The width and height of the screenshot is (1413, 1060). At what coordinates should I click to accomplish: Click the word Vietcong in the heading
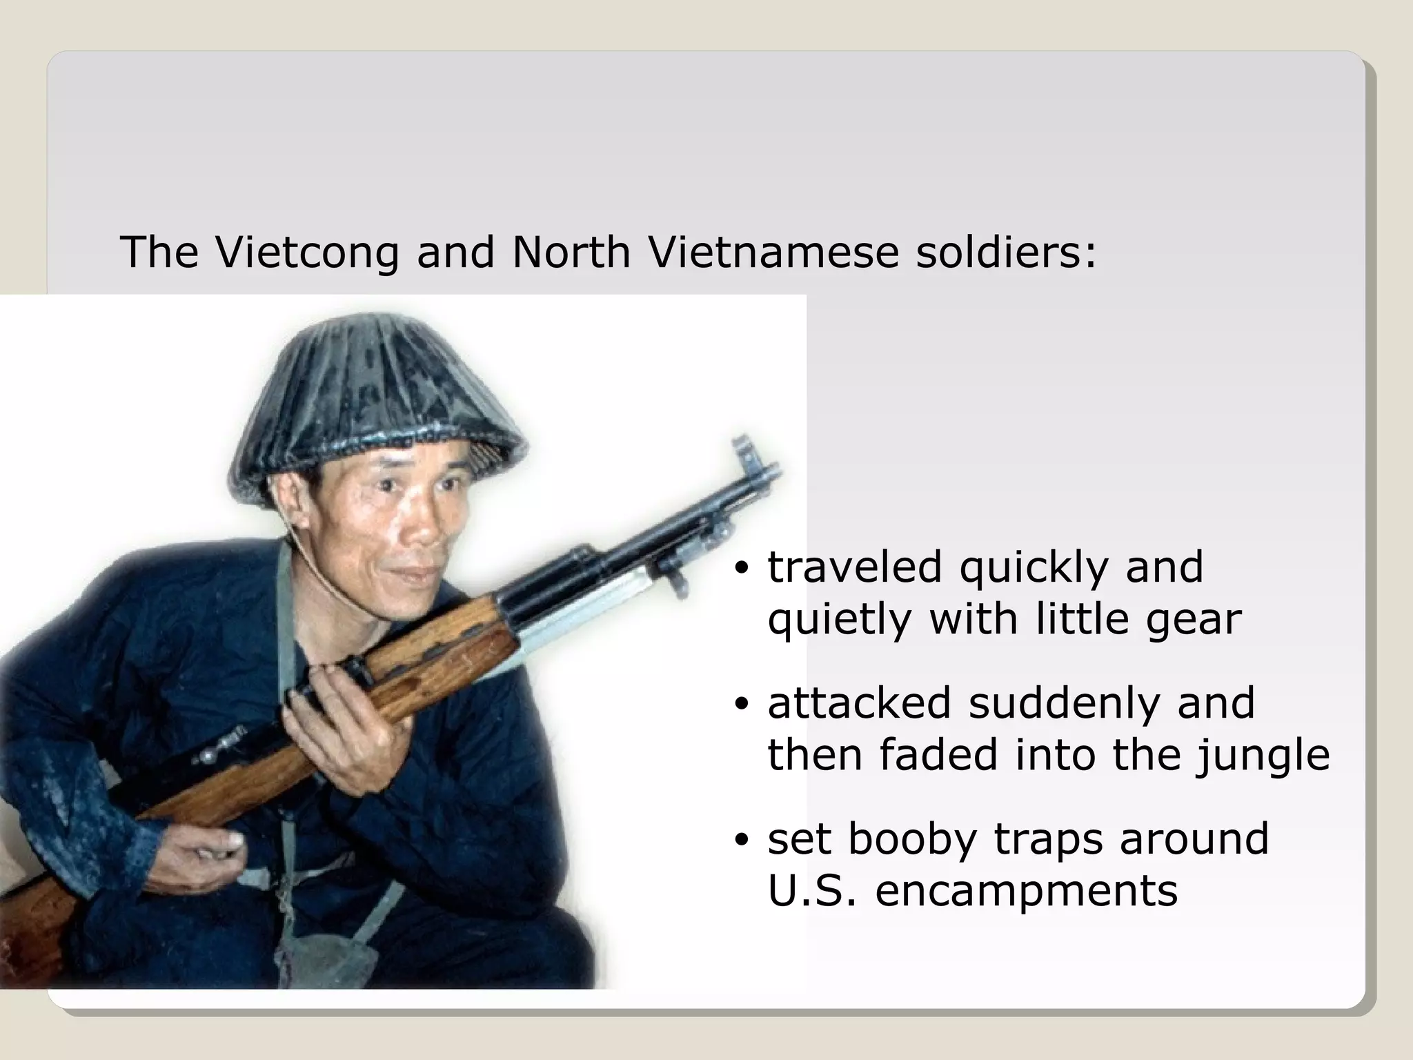pyautogui.click(x=307, y=252)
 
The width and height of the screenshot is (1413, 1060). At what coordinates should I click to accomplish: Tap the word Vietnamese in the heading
pyautogui.click(x=773, y=252)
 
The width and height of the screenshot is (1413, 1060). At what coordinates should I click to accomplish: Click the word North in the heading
pyautogui.click(x=571, y=252)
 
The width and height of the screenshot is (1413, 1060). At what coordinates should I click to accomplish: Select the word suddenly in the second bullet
pyautogui.click(x=1063, y=703)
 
